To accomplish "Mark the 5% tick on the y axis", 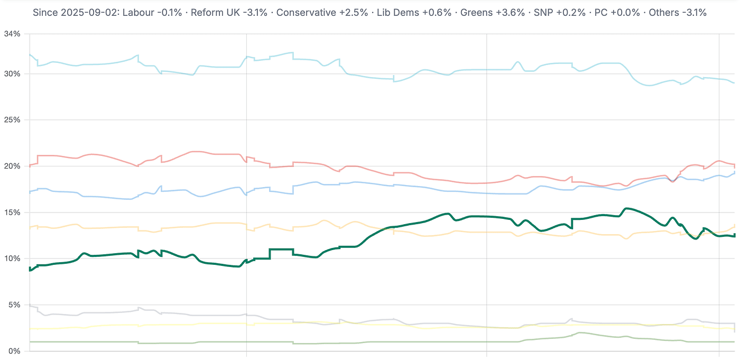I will (14, 305).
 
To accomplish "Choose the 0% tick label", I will (14, 351).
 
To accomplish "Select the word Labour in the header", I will (137, 13).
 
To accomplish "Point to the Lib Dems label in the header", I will (391, 13).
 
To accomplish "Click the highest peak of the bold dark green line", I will (626, 208).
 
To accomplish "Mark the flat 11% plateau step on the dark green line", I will (281, 249).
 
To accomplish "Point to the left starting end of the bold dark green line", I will (30, 270).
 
